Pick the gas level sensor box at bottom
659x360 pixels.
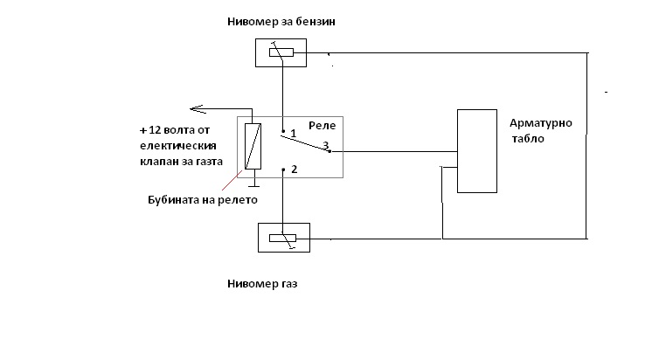(283, 237)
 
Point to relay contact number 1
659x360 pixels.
(294, 134)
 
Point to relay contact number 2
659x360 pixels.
(294, 170)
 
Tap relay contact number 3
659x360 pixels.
(326, 146)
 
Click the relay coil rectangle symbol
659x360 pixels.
(252, 146)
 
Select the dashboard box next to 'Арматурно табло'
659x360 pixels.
(476, 149)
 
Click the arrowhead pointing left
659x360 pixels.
(197, 108)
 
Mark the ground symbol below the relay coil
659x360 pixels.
(252, 185)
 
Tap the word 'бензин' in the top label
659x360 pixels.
(316, 20)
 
